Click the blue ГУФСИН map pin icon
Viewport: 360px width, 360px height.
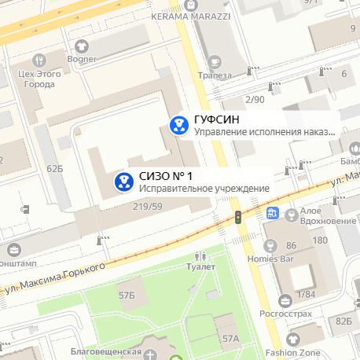pyautogui.click(x=179, y=123)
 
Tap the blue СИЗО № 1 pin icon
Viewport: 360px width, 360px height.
pyautogui.click(x=123, y=182)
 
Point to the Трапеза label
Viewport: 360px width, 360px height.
pyautogui.click(x=215, y=75)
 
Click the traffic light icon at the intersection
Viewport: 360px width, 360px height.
pyautogui.click(x=237, y=216)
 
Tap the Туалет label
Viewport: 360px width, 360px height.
pyautogui.click(x=200, y=267)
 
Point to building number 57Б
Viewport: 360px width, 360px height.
pyautogui.click(x=127, y=295)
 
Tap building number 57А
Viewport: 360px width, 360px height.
pyautogui.click(x=230, y=339)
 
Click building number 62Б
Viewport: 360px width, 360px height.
pyautogui.click(x=54, y=168)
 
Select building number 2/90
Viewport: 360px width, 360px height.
pyautogui.click(x=255, y=100)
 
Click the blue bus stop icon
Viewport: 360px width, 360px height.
pyautogui.click(x=273, y=212)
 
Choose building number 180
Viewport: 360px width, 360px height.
pyautogui.click(x=319, y=241)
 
